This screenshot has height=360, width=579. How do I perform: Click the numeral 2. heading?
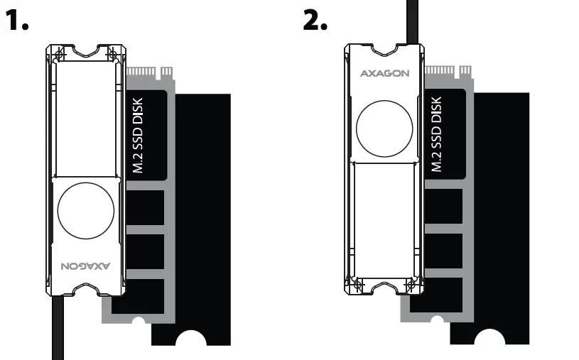[x=315, y=21]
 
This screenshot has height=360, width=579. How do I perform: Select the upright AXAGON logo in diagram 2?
[x=384, y=73]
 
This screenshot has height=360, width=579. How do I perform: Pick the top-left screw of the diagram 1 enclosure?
[x=60, y=54]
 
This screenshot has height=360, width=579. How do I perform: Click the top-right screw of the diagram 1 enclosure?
[x=111, y=54]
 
